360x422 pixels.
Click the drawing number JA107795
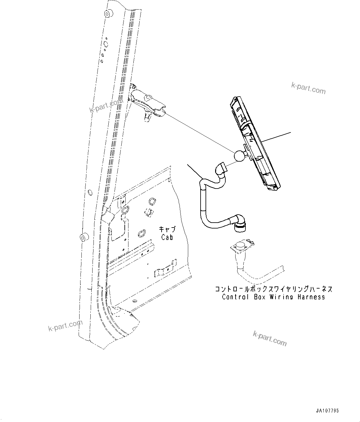click(327, 411)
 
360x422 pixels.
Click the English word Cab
click(167, 237)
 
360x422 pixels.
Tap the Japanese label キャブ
click(167, 229)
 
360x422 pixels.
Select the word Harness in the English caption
click(311, 297)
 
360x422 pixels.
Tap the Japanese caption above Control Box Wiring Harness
click(274, 289)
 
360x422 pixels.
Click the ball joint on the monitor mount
click(240, 155)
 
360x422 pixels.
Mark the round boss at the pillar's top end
click(109, 14)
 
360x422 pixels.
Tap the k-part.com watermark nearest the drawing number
click(270, 338)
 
